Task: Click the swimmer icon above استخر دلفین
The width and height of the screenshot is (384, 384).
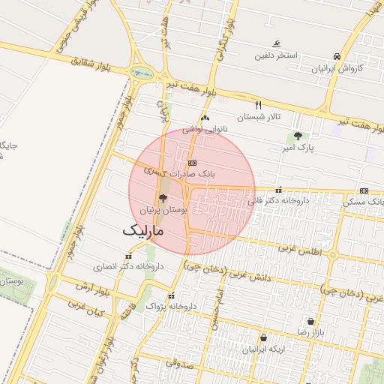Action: click(277, 44)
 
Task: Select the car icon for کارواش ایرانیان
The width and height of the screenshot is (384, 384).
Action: click(337, 56)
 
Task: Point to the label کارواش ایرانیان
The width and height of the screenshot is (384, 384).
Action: click(337, 67)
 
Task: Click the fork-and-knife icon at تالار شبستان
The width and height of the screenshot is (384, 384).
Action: click(259, 105)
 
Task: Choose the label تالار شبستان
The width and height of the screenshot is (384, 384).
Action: click(258, 117)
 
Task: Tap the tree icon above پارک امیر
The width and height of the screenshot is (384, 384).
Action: click(298, 136)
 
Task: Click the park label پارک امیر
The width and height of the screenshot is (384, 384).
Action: click(298, 148)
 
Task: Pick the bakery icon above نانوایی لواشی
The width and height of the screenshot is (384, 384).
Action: click(205, 118)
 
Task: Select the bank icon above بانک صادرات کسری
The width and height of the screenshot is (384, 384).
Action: click(192, 162)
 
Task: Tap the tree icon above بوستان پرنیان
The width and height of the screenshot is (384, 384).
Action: click(163, 198)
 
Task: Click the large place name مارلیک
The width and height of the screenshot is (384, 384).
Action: click(142, 232)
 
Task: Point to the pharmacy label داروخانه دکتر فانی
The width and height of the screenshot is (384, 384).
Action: click(278, 201)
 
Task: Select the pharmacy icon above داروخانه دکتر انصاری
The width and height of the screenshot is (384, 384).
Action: click(130, 255)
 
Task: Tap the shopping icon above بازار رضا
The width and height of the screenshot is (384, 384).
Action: click(310, 321)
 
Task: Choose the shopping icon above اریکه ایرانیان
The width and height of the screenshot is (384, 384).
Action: click(263, 337)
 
